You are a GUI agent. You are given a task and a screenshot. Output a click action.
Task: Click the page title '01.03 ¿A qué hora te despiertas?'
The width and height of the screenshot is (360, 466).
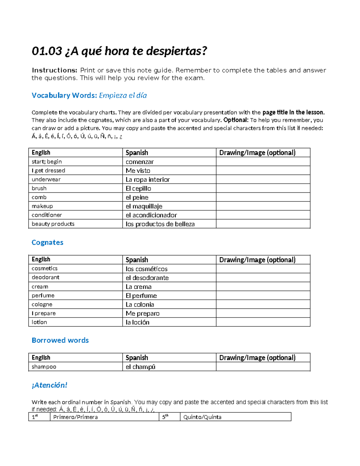coord(119,51)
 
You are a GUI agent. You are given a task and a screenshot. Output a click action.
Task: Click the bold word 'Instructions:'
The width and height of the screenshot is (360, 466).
coord(55,70)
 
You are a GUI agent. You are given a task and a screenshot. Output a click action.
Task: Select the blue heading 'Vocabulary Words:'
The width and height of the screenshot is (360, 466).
coord(64,95)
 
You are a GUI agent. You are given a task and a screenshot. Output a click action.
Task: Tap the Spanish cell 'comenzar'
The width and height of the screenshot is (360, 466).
coord(139,162)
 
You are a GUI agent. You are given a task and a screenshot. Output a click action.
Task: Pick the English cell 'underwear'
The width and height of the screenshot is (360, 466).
coord(46,179)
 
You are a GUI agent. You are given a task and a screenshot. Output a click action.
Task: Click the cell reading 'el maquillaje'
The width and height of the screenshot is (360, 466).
coord(144,206)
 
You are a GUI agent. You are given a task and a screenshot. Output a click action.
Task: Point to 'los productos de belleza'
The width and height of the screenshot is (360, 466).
coord(160,224)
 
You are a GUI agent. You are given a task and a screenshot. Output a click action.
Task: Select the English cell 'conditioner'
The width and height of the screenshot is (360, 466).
coord(47,215)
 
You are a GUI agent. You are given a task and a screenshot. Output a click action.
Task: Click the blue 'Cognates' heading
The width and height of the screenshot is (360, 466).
coord(47,242)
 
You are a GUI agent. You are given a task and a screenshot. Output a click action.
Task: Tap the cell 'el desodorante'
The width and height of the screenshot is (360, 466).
coord(147,278)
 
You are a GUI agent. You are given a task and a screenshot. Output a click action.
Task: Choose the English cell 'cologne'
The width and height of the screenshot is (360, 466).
coord(42,305)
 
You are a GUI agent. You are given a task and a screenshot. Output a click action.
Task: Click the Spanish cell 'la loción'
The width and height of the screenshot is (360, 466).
coord(137,322)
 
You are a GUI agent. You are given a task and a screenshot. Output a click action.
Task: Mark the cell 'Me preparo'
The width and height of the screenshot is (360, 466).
coord(142,314)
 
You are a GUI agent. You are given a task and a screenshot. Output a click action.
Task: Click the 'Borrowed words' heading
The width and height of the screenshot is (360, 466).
coord(60,340)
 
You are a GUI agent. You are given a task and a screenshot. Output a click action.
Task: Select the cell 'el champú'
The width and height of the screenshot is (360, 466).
coord(140,367)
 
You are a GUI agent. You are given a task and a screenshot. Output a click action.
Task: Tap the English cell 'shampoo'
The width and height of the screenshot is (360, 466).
coord(44,367)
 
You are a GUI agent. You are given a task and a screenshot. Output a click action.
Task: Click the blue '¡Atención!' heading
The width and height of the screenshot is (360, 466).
coord(49,385)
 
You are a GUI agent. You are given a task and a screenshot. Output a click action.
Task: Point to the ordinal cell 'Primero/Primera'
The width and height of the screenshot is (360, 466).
coord(76,417)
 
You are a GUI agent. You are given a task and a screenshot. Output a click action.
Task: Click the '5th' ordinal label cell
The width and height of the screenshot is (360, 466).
coord(166,417)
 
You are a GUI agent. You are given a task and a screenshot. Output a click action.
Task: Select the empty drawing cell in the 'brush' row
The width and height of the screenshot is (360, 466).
coord(263,188)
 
